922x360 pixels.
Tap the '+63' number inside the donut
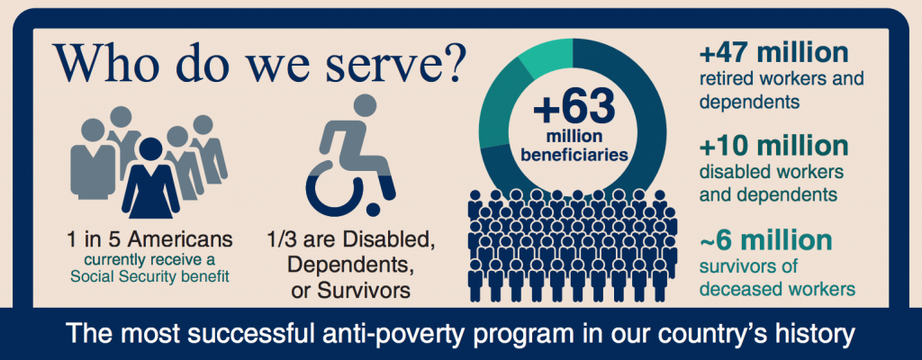click(x=574, y=108)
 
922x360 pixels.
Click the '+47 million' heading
click(x=773, y=53)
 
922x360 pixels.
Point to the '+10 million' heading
click(x=773, y=147)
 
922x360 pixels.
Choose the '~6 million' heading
click(x=765, y=240)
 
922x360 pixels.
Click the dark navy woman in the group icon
click(x=150, y=178)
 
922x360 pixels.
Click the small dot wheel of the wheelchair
click(x=372, y=210)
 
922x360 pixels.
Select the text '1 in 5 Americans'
click(x=150, y=240)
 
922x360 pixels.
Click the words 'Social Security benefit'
click(x=150, y=275)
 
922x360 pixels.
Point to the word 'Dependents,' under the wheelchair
click(x=348, y=265)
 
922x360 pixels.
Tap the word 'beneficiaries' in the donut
click(x=574, y=156)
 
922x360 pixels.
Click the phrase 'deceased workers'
click(x=776, y=289)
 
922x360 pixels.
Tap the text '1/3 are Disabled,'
click(x=351, y=240)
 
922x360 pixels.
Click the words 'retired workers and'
click(x=782, y=78)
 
